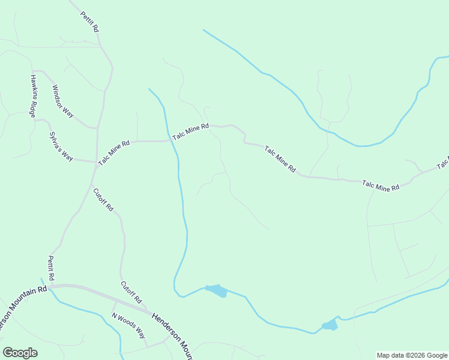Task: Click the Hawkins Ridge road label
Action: click(34, 96)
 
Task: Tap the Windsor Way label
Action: click(62, 101)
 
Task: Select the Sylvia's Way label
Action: click(61, 147)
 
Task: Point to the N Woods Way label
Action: click(128, 325)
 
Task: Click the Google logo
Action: click(20, 353)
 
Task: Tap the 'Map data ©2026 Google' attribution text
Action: click(411, 355)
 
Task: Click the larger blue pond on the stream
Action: click(217, 291)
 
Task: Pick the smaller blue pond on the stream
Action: click(330, 325)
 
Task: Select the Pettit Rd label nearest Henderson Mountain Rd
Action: click(51, 269)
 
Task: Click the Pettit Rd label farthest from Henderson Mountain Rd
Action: click(90, 20)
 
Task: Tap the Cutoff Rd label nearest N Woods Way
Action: click(130, 292)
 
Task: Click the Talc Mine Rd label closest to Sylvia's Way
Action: click(114, 153)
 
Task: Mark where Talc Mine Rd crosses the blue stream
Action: click(170, 141)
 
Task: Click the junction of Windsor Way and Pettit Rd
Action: click(96, 128)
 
